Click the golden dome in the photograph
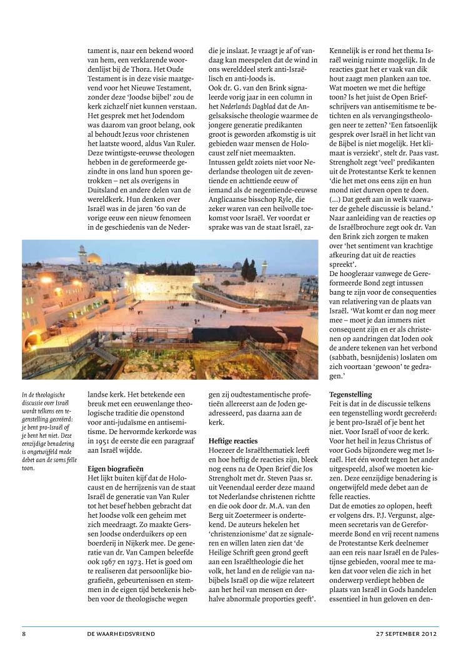coord(94,257)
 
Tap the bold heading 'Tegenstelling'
coord(350,395)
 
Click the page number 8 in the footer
coord(24,633)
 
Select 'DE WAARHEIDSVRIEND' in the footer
coord(121,633)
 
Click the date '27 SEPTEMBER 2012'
coord(407,633)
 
